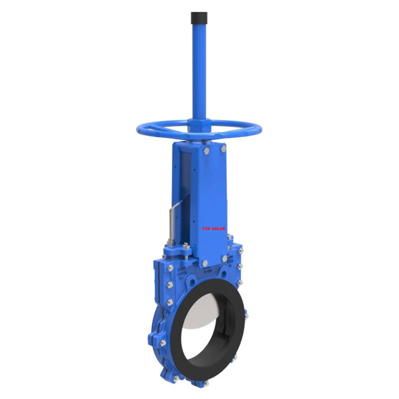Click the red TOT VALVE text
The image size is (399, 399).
(214, 228)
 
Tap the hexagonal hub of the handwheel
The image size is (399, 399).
(200, 126)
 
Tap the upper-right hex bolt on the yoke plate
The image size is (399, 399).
(223, 149)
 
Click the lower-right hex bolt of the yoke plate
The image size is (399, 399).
(224, 258)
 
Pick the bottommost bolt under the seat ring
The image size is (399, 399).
(206, 383)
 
